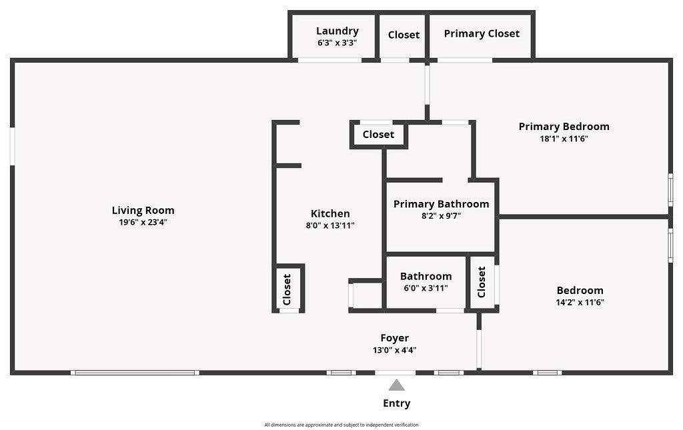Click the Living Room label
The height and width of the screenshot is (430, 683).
pyautogui.click(x=143, y=211)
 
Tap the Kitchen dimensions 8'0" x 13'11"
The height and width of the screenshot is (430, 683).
pyautogui.click(x=330, y=225)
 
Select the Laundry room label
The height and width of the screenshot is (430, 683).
pyautogui.click(x=337, y=31)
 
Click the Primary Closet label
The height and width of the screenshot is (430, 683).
pyautogui.click(x=482, y=34)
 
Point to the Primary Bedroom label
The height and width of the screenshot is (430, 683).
pyautogui.click(x=564, y=127)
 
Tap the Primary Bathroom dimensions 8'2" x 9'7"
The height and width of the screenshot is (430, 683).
pyautogui.click(x=442, y=215)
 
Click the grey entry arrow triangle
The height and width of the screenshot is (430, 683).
pyautogui.click(x=396, y=385)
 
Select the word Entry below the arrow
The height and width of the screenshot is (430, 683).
pyautogui.click(x=396, y=403)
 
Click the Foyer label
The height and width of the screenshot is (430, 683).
pyautogui.click(x=395, y=338)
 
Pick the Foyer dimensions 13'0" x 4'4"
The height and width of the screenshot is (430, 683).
pyautogui.click(x=395, y=350)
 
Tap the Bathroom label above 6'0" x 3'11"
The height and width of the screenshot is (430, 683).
pyautogui.click(x=426, y=277)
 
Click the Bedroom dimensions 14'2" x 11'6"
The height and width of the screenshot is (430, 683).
pyautogui.click(x=580, y=303)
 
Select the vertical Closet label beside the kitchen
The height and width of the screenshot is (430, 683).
pyautogui.click(x=287, y=289)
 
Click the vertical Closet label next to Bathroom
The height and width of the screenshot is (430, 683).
pyautogui.click(x=482, y=282)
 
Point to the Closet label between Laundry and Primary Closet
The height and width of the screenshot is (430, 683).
pyautogui.click(x=404, y=35)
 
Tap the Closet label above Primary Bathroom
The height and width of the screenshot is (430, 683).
pyautogui.click(x=378, y=135)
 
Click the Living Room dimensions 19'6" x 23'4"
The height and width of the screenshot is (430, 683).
pyautogui.click(x=143, y=223)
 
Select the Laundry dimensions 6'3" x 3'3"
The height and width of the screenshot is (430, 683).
pyautogui.click(x=337, y=43)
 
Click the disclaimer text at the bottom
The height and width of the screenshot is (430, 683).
pyautogui.click(x=341, y=425)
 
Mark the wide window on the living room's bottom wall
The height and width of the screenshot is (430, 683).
pyautogui.click(x=135, y=373)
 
